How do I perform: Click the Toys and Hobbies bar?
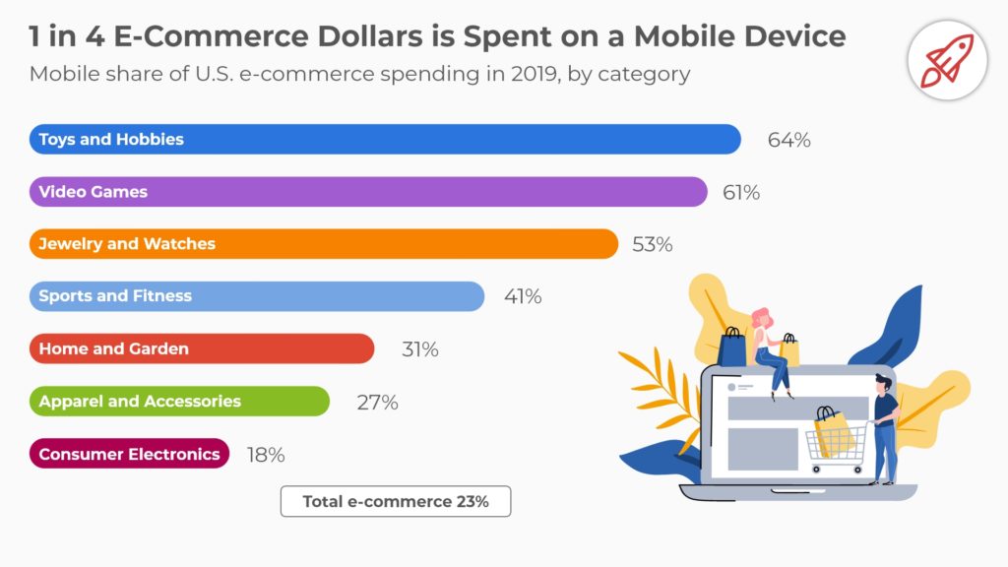pyautogui.click(x=384, y=139)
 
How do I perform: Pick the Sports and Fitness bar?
pyautogui.click(x=256, y=295)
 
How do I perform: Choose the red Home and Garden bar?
pyautogui.click(x=202, y=348)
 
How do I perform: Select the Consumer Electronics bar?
pyautogui.click(x=129, y=454)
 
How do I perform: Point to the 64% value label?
pyautogui.click(x=788, y=140)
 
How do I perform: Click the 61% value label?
pyautogui.click(x=741, y=192)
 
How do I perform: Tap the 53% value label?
pyautogui.click(x=652, y=244)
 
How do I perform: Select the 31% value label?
pyautogui.click(x=419, y=349)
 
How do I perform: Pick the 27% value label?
pyautogui.click(x=377, y=402)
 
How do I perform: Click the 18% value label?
pyautogui.click(x=265, y=455)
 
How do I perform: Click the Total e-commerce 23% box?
pyautogui.click(x=396, y=501)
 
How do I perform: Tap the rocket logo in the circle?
pyautogui.click(x=946, y=58)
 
